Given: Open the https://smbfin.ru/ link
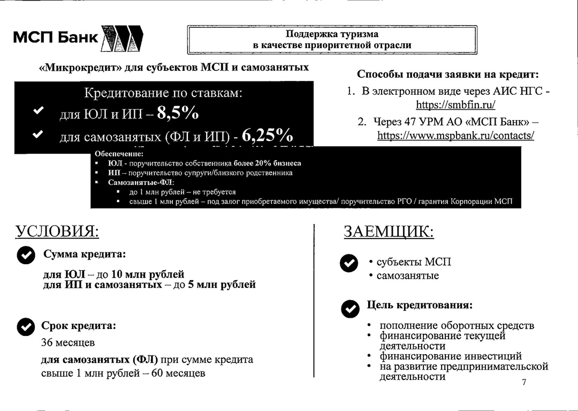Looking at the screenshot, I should [455, 104].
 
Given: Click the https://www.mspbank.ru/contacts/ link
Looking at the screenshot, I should [455, 136].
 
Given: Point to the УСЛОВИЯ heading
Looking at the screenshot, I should [57, 231].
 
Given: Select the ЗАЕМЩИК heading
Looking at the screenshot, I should [389, 231].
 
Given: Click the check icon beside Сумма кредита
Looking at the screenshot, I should [26, 256].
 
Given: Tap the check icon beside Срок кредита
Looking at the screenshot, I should [26, 326].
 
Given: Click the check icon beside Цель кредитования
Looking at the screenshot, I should [350, 309].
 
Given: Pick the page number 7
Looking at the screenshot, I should [524, 382].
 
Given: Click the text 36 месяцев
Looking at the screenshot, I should [68, 342].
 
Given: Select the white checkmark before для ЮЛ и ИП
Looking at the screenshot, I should [38, 110].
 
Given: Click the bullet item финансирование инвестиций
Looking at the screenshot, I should [451, 356].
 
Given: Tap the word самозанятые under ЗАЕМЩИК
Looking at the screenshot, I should [407, 276].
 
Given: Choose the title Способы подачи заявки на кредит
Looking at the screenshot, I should [447, 74].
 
